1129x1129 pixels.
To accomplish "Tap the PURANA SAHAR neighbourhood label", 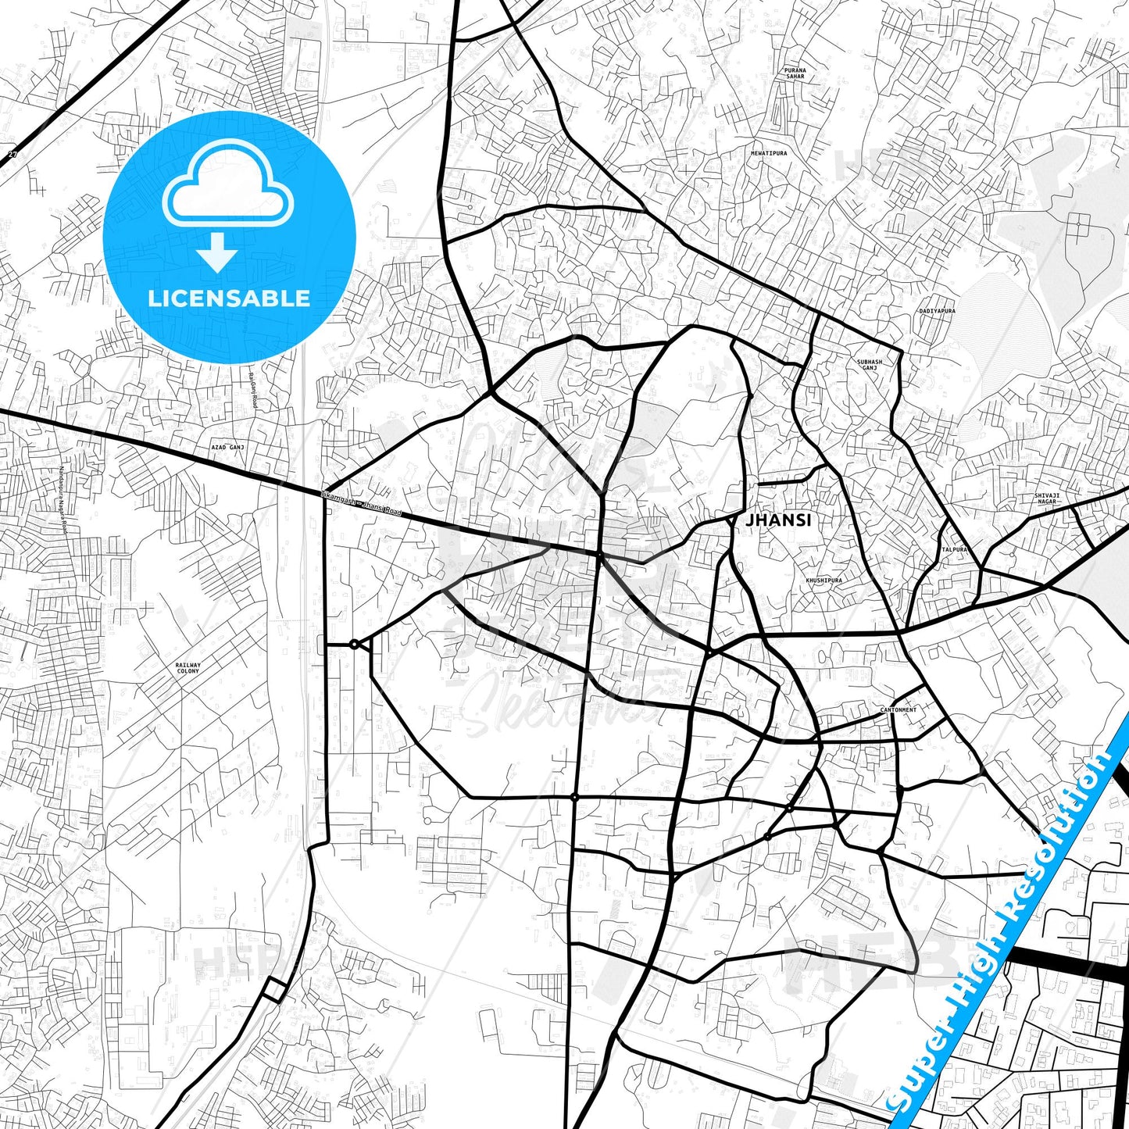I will (795, 73).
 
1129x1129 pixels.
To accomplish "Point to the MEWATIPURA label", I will (769, 153).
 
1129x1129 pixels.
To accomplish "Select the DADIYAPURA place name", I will (936, 311).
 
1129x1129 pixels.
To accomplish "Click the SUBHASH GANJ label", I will (870, 365).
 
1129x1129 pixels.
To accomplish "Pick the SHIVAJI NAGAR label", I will (1047, 498).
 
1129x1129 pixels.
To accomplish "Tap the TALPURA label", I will (955, 549).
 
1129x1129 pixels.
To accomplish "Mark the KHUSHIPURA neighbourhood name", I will (824, 581).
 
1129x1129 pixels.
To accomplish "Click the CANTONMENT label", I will (899, 710).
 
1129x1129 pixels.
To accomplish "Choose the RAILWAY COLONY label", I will (188, 668).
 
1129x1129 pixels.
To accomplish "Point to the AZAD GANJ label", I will (227, 447).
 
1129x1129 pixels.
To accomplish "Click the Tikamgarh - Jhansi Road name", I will (361, 502).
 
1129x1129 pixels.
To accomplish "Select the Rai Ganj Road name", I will (252, 388).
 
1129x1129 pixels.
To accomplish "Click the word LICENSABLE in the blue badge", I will (229, 298).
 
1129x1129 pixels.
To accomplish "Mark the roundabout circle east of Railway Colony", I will (354, 645).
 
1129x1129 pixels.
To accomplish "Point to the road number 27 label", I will (13, 155).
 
